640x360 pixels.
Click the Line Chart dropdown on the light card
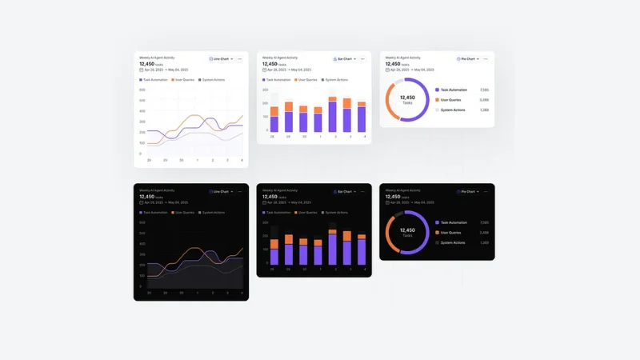click(220, 58)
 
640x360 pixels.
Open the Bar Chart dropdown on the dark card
click(343, 192)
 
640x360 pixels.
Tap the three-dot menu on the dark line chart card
click(239, 192)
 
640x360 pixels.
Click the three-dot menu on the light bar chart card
click(362, 58)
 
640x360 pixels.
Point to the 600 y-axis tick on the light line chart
click(142, 90)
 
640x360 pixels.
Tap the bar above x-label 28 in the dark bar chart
click(274, 251)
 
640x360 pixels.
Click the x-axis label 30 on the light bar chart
click(303, 137)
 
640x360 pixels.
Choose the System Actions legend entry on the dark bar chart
click(335, 213)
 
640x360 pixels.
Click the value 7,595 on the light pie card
click(484, 90)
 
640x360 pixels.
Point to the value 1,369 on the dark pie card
click(484, 242)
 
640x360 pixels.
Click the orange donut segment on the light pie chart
click(390, 101)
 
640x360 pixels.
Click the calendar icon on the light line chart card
click(141, 69)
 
